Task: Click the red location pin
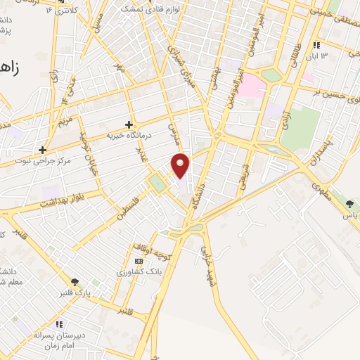tap(181, 165)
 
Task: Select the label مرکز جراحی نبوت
tap(42, 161)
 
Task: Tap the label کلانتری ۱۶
tap(59, 11)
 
